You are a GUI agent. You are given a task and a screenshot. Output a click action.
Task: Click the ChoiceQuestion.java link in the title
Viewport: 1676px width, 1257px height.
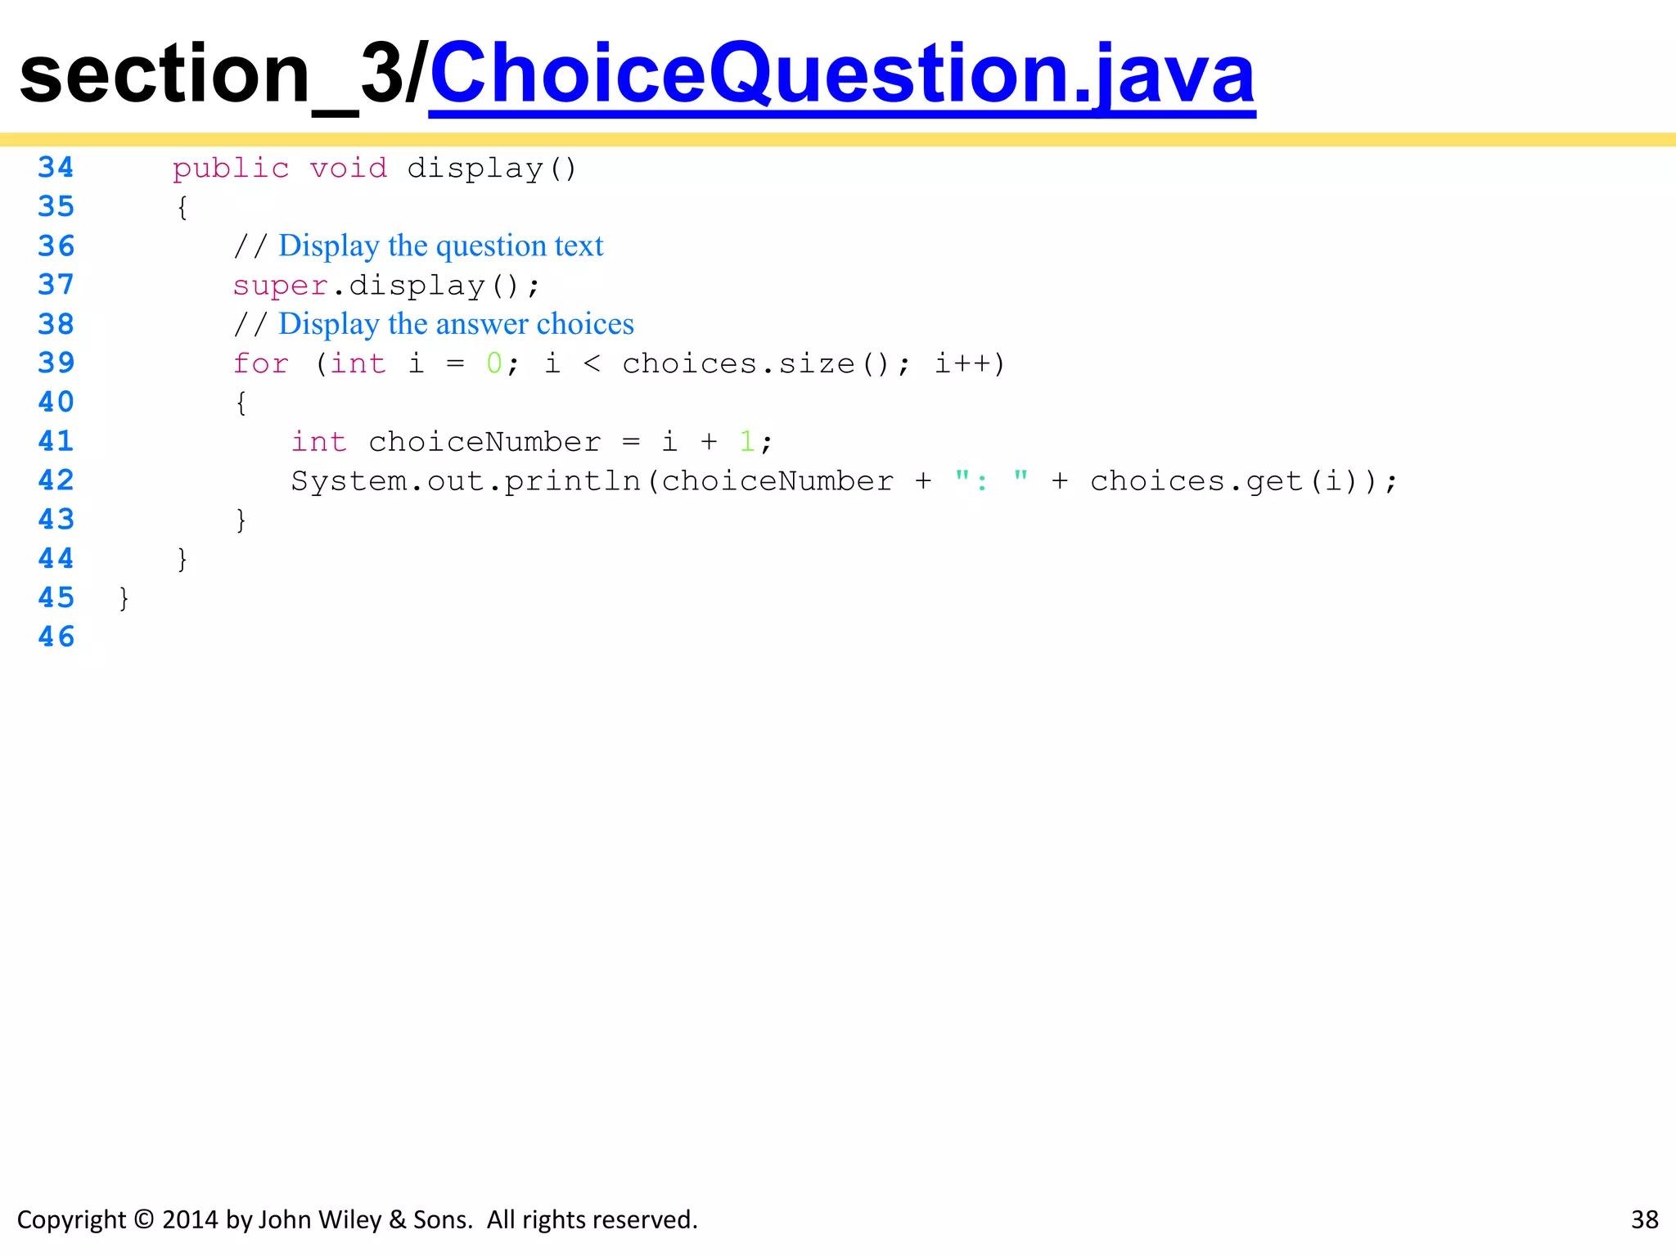pyautogui.click(x=841, y=75)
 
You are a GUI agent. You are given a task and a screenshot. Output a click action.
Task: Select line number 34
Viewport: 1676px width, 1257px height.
pyautogui.click(x=56, y=168)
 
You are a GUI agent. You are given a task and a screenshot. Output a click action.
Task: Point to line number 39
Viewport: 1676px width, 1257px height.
pyautogui.click(x=56, y=363)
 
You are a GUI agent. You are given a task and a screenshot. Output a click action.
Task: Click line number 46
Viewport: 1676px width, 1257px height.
pyautogui.click(x=56, y=637)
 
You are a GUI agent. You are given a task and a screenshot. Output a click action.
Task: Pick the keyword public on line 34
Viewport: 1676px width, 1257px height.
pyautogui.click(x=230, y=169)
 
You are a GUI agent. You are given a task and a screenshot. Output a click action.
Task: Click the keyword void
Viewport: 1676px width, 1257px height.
pyautogui.click(x=348, y=169)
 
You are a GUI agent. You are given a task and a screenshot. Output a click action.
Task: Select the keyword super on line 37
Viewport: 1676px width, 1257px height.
pyautogui.click(x=280, y=286)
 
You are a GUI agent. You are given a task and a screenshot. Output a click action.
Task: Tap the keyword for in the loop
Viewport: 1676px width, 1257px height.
pyautogui.click(x=260, y=363)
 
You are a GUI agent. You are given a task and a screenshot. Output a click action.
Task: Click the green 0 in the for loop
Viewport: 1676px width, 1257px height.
pyautogui.click(x=494, y=363)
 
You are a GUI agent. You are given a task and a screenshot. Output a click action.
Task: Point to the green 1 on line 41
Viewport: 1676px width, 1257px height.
pyautogui.click(x=746, y=442)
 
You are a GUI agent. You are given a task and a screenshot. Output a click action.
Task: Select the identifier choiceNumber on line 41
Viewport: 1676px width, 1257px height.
pyautogui.click(x=484, y=442)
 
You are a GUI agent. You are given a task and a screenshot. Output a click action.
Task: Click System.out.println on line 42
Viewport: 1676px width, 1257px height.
pyautogui.click(x=466, y=481)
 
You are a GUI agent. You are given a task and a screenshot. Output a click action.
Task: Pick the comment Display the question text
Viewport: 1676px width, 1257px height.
pyautogui.click(x=440, y=246)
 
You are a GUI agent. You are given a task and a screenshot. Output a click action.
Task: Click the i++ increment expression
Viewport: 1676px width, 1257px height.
pyautogui.click(x=963, y=363)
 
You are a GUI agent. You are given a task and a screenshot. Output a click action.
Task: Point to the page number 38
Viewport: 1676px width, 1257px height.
pyautogui.click(x=1644, y=1220)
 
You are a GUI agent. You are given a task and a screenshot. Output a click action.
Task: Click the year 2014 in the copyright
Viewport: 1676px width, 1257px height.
pyautogui.click(x=191, y=1220)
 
